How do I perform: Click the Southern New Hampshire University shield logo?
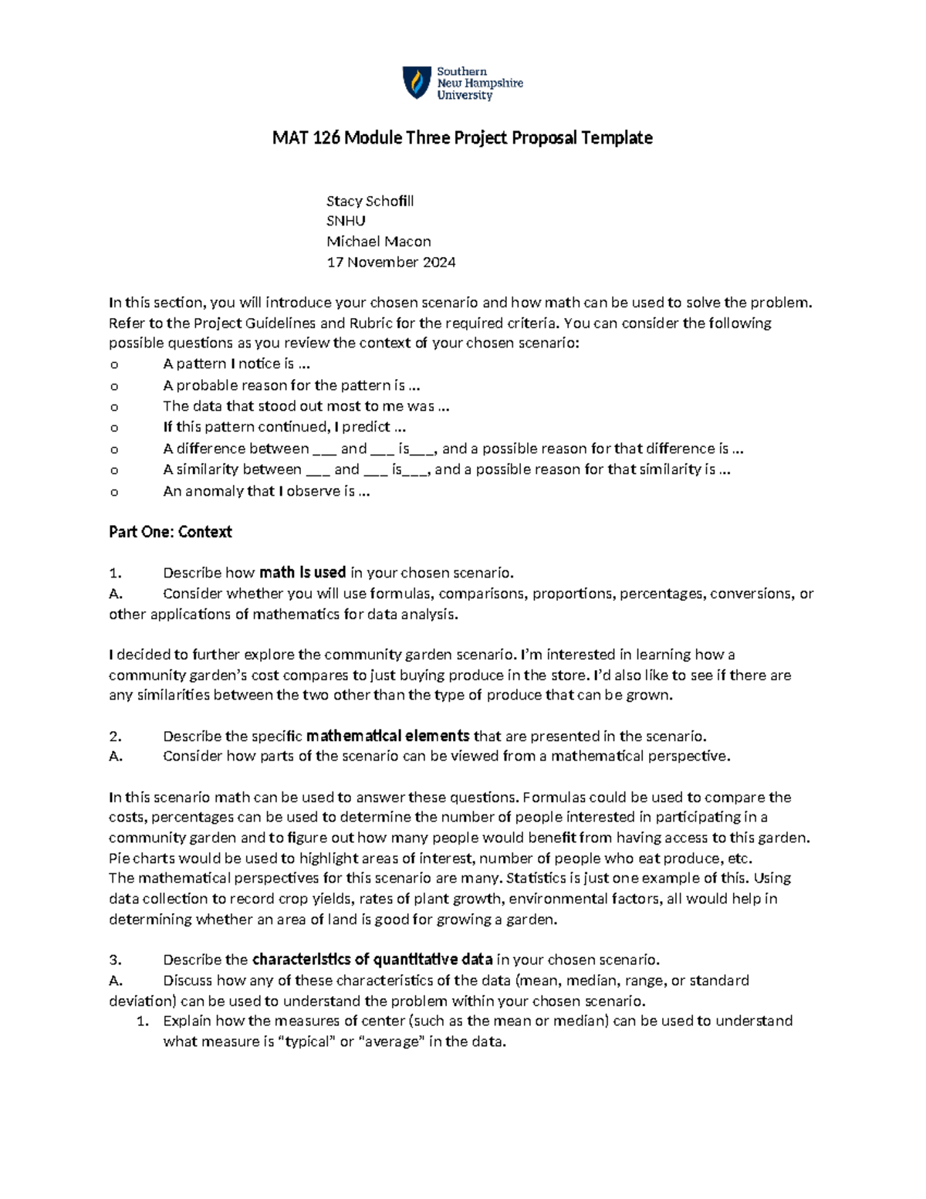(417, 83)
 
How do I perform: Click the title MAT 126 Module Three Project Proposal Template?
(462, 138)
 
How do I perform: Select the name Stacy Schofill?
(370, 201)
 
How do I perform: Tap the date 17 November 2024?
(390, 262)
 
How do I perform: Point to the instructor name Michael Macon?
(378, 242)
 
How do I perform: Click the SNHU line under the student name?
(346, 221)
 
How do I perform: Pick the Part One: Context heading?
(170, 532)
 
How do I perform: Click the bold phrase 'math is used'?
(302, 573)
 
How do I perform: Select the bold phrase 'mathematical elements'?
(387, 736)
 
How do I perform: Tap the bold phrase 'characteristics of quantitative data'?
(372, 960)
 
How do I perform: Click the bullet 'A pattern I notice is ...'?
(236, 364)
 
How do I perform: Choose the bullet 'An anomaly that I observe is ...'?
(266, 491)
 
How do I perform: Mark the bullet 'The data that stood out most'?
(306, 406)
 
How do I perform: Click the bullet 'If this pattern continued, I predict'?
(284, 427)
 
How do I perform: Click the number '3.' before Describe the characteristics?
(116, 960)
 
